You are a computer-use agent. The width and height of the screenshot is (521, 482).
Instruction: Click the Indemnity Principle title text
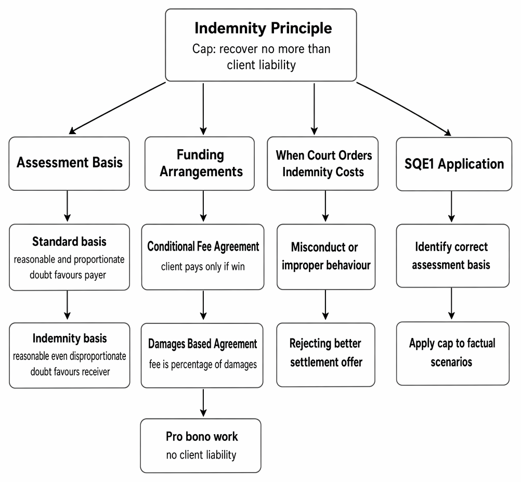263,28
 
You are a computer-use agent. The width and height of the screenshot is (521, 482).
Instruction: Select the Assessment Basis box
69,163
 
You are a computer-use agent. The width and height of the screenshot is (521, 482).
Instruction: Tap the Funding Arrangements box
200,163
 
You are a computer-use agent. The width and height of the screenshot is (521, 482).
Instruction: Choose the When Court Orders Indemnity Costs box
322,163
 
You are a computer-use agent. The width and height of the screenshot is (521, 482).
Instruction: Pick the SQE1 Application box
454,164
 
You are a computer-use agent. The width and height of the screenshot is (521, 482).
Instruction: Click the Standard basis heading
69,241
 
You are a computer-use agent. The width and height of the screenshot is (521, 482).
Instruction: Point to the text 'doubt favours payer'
68,275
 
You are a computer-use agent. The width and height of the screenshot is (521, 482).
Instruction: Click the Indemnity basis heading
70,338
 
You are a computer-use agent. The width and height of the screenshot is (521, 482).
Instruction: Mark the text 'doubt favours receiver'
70,371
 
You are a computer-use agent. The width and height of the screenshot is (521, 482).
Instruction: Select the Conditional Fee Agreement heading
203,246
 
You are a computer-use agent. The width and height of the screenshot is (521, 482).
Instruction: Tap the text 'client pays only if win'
203,266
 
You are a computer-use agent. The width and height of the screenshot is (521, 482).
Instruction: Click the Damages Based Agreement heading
202,344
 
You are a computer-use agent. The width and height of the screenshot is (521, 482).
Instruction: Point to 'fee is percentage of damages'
203,364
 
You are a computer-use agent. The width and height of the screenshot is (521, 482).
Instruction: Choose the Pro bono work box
201,446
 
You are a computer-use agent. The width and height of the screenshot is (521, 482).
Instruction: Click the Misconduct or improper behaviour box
326,257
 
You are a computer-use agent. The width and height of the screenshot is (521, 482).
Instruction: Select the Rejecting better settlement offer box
325,355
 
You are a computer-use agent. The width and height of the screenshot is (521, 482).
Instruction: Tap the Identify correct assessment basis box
452,256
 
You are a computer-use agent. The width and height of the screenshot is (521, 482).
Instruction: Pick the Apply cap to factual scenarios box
452,354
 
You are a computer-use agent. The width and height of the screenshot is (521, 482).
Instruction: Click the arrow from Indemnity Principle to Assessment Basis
118,108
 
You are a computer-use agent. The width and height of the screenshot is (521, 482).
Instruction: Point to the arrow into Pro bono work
203,403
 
